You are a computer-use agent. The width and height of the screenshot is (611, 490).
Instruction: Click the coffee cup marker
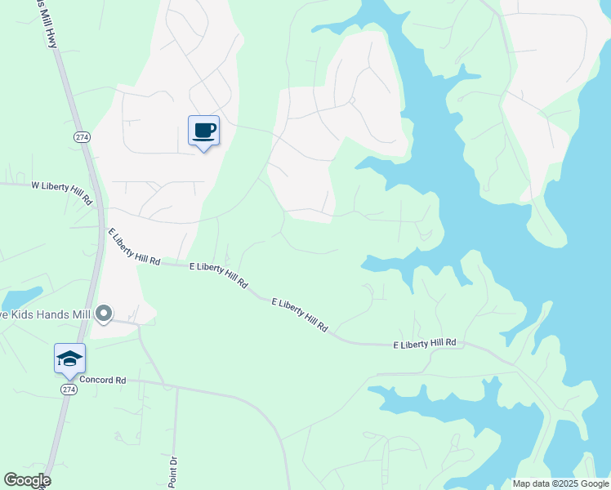click(x=203, y=130)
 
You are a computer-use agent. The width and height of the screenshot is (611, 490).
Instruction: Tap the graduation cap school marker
click(x=69, y=359)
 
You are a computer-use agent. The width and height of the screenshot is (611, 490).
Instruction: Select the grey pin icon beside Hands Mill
click(x=103, y=313)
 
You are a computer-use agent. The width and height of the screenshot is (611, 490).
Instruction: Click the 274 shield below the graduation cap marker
click(x=69, y=390)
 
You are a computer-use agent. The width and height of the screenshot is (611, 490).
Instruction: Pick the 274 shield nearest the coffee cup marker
click(x=80, y=136)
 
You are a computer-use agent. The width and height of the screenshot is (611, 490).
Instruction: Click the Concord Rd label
click(x=103, y=381)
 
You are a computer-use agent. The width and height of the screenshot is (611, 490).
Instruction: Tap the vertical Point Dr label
click(x=173, y=471)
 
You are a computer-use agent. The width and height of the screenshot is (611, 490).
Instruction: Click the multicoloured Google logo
click(x=27, y=480)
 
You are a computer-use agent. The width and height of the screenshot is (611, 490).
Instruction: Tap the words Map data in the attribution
click(x=531, y=483)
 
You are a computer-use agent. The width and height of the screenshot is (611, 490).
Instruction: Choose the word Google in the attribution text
click(x=595, y=483)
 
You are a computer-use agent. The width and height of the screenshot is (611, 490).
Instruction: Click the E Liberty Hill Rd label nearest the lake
click(x=424, y=345)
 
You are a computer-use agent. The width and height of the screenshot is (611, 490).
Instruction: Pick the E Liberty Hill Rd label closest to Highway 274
click(x=135, y=247)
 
